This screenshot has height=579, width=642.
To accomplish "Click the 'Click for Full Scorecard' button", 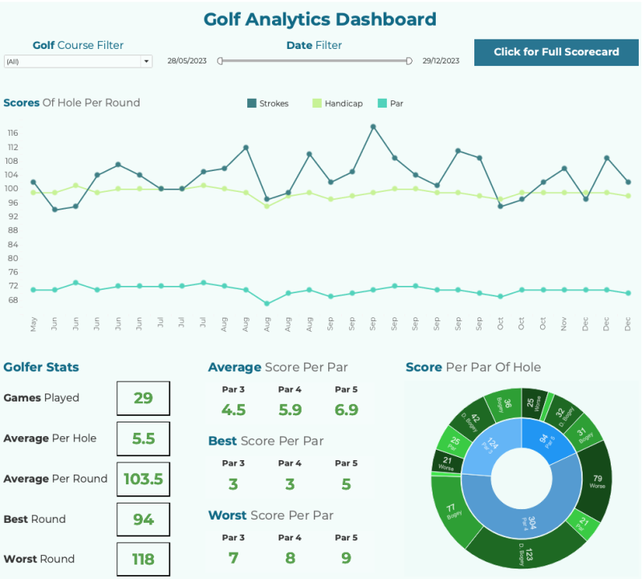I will [x=556, y=52].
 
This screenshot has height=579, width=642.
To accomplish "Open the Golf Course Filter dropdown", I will [x=78, y=61].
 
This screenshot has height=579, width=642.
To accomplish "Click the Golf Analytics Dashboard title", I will [x=320, y=19].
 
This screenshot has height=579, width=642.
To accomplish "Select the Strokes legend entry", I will [x=268, y=104].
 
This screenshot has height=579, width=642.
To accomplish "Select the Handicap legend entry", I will [x=337, y=104].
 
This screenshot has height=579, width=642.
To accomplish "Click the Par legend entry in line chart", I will [x=391, y=104].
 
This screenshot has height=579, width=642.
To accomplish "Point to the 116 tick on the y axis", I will [x=13, y=133].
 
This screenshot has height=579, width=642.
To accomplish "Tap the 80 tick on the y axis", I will [x=13, y=258].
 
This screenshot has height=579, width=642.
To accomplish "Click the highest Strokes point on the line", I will [x=373, y=126].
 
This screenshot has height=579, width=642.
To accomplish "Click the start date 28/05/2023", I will [x=186, y=61].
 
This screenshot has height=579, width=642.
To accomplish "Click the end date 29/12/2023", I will [x=441, y=61].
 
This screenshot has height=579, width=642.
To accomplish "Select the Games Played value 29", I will [x=143, y=398].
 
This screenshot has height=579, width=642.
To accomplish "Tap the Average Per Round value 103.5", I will [x=143, y=479].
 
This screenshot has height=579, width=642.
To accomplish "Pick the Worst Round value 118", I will [x=143, y=560].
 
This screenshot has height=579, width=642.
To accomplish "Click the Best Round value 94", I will [x=143, y=520].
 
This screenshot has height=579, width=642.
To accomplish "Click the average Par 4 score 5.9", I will [x=290, y=410].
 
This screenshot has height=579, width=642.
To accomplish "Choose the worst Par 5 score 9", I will [x=346, y=557].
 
